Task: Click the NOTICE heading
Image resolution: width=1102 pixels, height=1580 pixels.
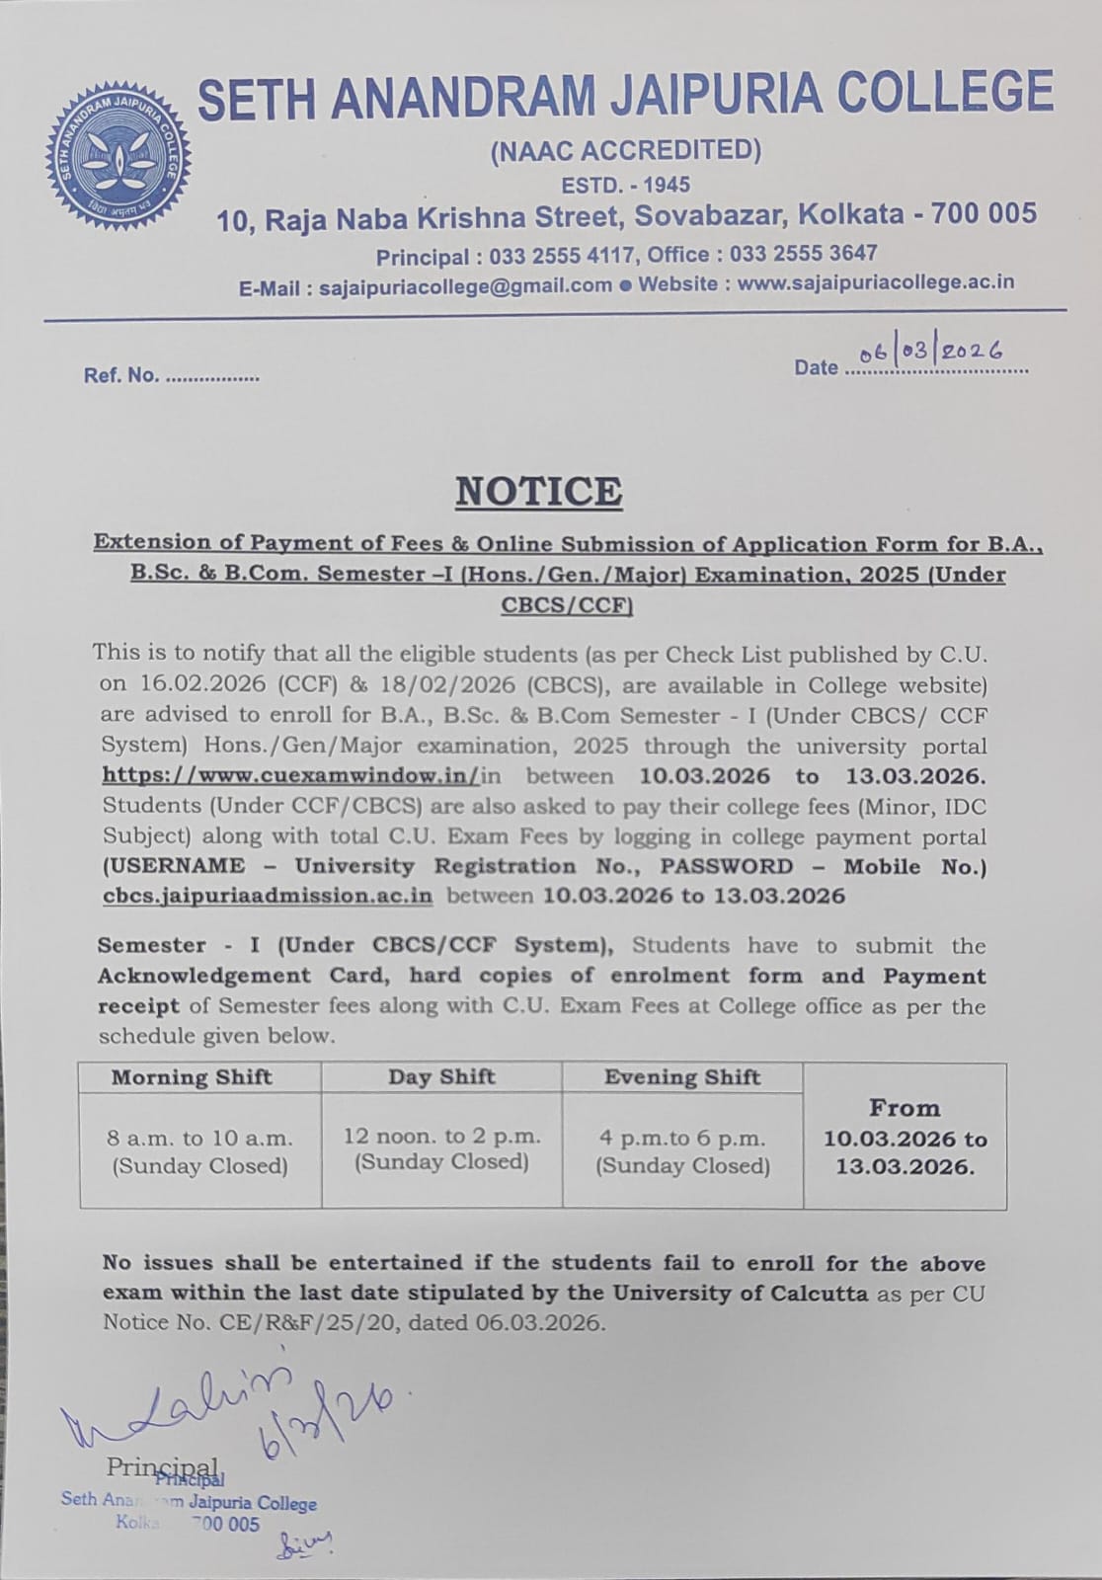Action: pyautogui.click(x=538, y=492)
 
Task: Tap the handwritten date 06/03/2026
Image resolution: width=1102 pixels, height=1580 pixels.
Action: pyautogui.click(x=931, y=352)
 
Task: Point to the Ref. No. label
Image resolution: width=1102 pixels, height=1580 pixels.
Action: pyautogui.click(x=120, y=375)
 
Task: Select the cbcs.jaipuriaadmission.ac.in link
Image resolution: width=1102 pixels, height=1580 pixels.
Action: pyautogui.click(x=268, y=897)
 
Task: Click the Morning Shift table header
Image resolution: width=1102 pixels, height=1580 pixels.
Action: pyautogui.click(x=192, y=1077)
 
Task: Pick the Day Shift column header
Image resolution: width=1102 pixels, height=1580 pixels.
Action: pyautogui.click(x=441, y=1076)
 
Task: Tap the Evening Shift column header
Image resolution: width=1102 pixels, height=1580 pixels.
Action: pyautogui.click(x=682, y=1077)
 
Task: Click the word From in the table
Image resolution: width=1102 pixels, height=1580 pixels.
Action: pyautogui.click(x=904, y=1108)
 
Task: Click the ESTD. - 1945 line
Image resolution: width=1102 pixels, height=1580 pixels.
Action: pyautogui.click(x=626, y=185)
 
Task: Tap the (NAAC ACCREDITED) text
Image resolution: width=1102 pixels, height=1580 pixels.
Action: pyautogui.click(x=626, y=150)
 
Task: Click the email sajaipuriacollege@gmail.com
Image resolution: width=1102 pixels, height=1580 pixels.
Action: pyautogui.click(x=465, y=285)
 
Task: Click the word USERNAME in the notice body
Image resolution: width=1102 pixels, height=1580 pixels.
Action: pyautogui.click(x=174, y=867)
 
